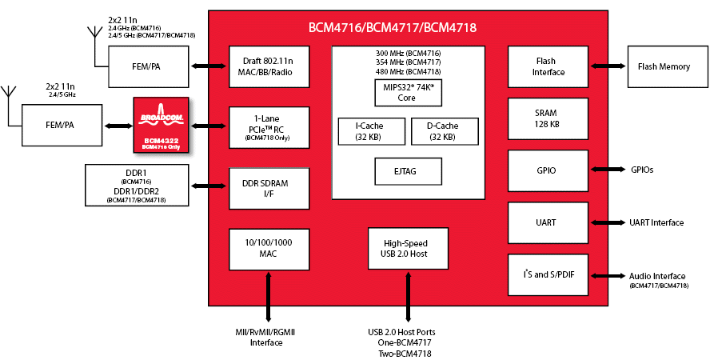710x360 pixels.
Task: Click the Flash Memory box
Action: click(664, 66)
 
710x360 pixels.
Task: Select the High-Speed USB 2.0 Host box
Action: click(408, 248)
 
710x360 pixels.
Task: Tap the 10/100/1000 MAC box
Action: click(269, 248)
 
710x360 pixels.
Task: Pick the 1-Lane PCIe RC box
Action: click(269, 126)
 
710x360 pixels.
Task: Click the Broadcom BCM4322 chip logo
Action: click(162, 125)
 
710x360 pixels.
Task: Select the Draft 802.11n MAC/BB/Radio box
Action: click(269, 66)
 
